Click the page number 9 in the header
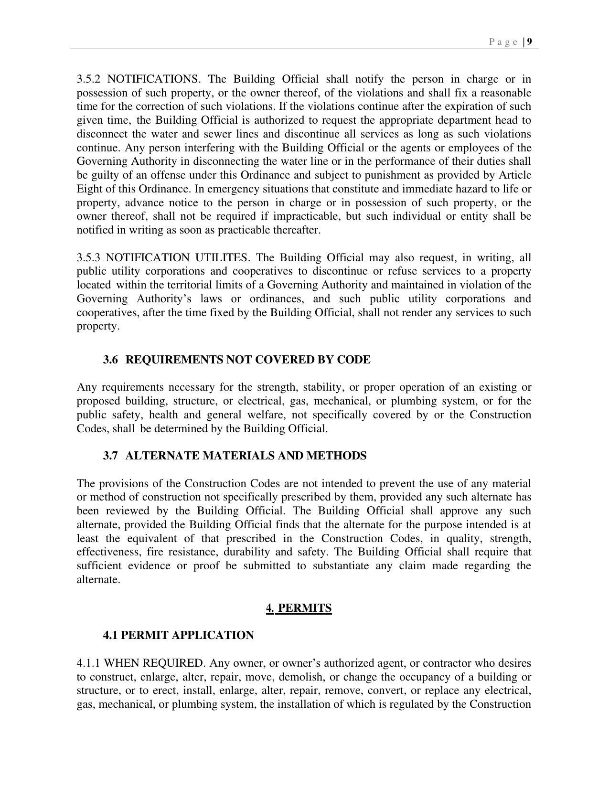(x=530, y=42)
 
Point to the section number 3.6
(x=110, y=360)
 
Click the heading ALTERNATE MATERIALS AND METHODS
(x=246, y=456)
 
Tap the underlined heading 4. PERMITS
(x=299, y=608)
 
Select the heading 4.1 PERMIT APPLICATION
(x=179, y=635)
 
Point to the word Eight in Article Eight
(x=89, y=189)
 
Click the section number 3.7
(x=110, y=456)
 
